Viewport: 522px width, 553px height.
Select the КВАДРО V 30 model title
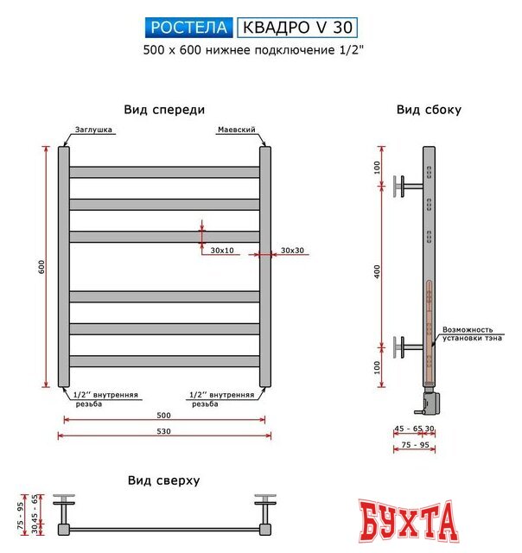coord(296,29)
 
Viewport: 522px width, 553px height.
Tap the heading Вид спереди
coord(164,110)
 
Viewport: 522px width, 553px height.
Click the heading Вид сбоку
coord(429,110)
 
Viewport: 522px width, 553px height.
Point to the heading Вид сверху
coord(164,480)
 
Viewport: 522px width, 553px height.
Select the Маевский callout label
coord(233,130)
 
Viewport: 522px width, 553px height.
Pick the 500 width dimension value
coord(164,415)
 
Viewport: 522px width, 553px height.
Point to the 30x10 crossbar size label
coord(222,251)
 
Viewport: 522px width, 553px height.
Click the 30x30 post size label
coord(292,251)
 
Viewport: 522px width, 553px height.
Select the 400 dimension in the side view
coord(378,271)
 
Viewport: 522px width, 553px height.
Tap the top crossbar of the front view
coord(164,172)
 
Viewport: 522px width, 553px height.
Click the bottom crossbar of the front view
coord(164,361)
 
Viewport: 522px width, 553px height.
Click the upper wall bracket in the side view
coord(405,186)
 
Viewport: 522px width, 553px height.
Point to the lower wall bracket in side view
coord(405,346)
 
